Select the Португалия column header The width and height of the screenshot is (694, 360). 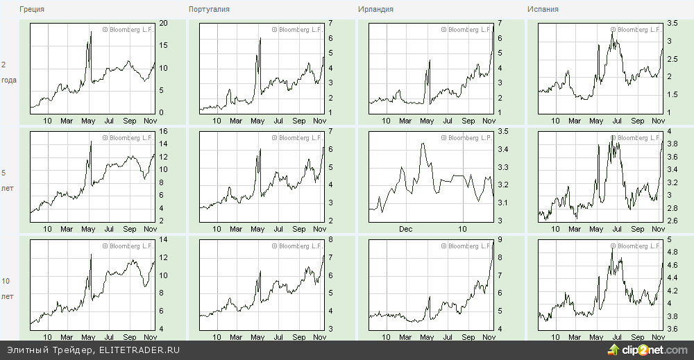209,10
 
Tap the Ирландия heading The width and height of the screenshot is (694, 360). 375,10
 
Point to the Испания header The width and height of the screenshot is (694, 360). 543,10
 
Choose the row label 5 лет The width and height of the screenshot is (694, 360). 7,180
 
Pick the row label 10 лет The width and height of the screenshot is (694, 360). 7,288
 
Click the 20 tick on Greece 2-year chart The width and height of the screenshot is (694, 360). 164,24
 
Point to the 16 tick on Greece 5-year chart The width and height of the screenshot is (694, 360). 164,132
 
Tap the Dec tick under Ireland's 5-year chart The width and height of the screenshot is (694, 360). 406,228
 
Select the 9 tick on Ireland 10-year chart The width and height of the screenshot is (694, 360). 500,240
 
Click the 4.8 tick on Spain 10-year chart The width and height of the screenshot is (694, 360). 672,252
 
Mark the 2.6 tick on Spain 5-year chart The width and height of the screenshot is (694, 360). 672,221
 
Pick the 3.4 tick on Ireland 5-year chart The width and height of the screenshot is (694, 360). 504,149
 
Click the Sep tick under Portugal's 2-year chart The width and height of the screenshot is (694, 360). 298,121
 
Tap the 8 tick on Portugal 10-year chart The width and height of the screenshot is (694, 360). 330,240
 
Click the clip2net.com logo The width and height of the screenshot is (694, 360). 648,350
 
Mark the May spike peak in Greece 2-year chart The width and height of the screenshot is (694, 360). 90,32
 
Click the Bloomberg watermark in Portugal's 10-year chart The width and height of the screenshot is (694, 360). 298,246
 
